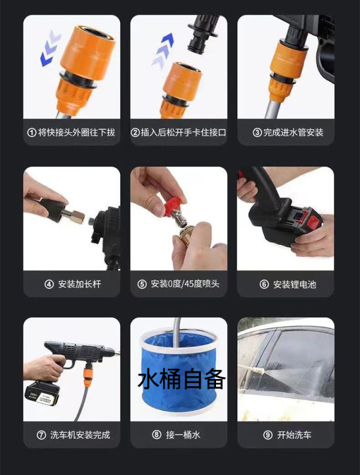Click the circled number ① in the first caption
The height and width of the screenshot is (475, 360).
coord(32,133)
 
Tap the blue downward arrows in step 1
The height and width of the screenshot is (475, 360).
coord(50,48)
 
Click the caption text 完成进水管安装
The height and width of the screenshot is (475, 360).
coord(293,133)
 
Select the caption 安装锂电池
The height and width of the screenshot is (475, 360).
coord(295,284)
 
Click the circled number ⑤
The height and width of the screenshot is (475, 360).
coord(142,284)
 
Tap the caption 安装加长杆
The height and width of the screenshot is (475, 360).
coord(80,284)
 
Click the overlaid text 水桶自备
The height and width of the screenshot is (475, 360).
coord(182,379)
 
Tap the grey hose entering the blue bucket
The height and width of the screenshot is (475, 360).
coord(176,332)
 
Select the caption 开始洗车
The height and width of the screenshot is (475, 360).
coord(294,435)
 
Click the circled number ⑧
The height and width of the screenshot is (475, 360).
coord(157,435)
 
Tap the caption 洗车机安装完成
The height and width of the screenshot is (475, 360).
coord(80,435)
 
